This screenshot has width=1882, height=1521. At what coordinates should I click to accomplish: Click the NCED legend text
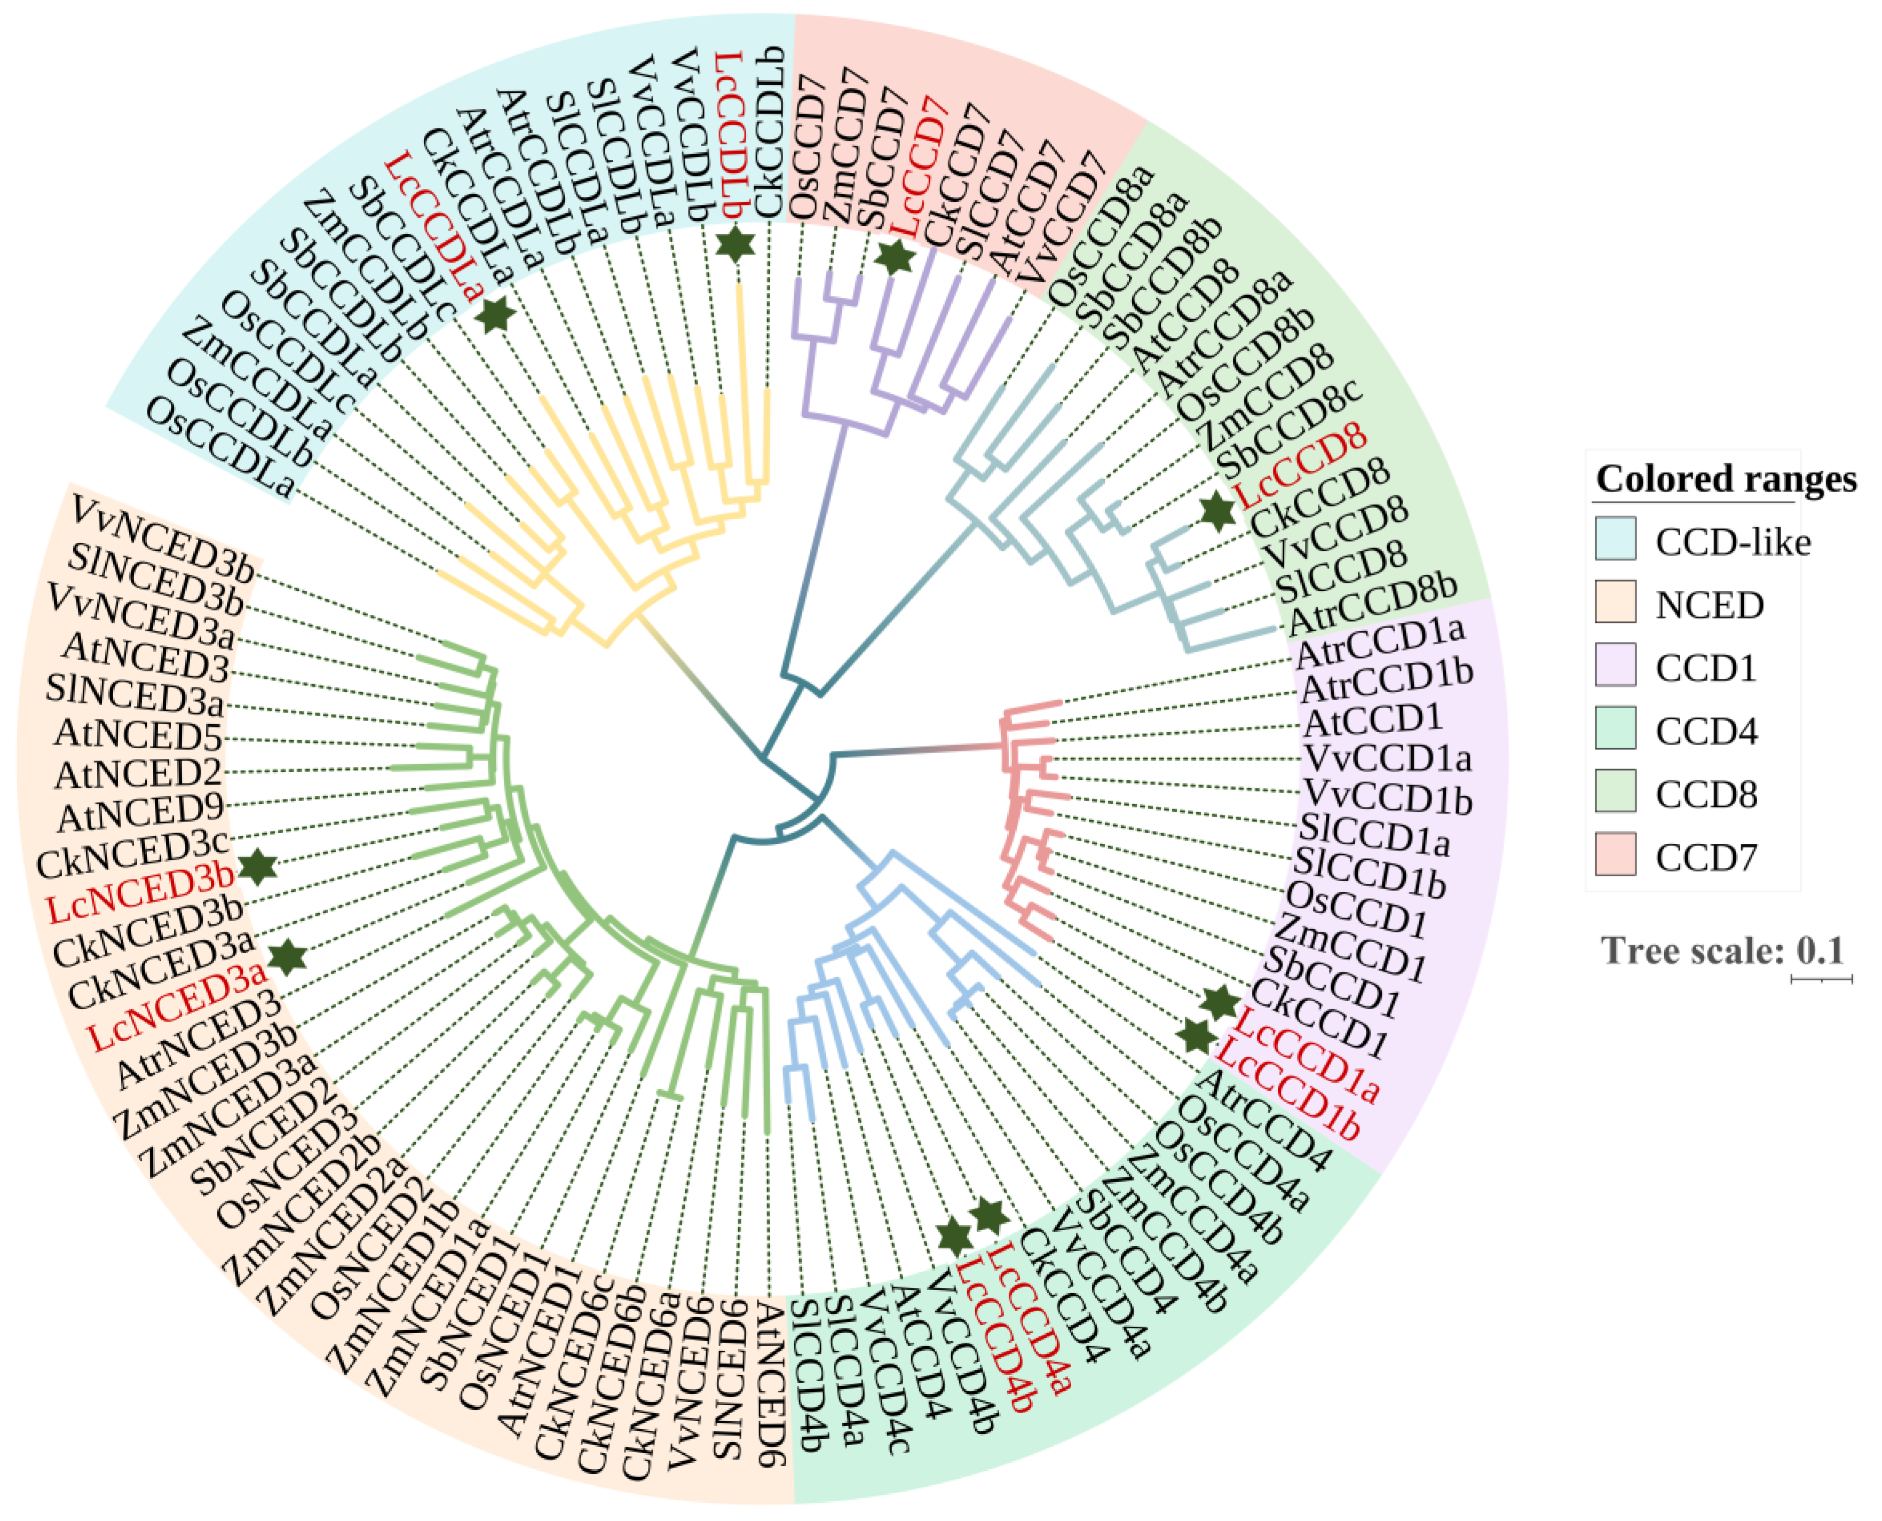pyautogui.click(x=1710, y=605)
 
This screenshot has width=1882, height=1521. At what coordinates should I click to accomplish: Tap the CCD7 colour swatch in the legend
pyautogui.click(x=1615, y=854)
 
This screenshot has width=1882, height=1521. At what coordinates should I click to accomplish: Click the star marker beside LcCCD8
pyautogui.click(x=1217, y=512)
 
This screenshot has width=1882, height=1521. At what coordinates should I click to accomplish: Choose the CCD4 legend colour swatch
pyautogui.click(x=1615, y=728)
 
